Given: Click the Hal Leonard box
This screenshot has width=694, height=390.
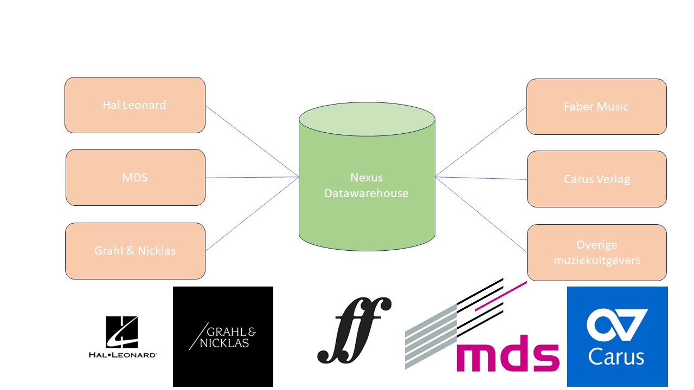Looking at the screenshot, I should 134,105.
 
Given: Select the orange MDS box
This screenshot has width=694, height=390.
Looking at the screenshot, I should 135,178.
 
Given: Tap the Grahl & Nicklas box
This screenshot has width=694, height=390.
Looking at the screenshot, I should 135,251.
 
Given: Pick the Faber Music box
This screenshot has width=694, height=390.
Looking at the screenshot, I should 596,107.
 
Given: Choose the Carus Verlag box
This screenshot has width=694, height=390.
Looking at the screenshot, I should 596,179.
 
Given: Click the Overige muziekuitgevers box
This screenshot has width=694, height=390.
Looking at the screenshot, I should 596,252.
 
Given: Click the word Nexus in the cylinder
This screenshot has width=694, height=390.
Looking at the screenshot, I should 367,178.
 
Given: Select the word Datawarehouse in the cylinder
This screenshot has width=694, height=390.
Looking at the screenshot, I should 367,193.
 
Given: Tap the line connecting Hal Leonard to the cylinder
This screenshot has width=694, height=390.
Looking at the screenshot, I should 252,141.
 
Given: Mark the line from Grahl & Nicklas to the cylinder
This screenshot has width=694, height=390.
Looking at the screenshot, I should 252,213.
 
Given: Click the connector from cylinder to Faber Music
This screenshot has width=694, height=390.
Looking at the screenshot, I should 481,141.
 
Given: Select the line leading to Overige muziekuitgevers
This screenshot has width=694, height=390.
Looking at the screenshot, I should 481,214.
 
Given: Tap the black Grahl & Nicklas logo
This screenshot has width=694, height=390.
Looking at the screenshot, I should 223,336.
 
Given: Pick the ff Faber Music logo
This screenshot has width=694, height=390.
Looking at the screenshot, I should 354,330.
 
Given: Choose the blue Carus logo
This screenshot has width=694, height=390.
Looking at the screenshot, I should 617,336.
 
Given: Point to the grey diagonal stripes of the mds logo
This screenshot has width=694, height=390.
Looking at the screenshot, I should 431,336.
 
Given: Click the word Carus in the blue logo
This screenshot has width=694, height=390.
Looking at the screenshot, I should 616,357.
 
